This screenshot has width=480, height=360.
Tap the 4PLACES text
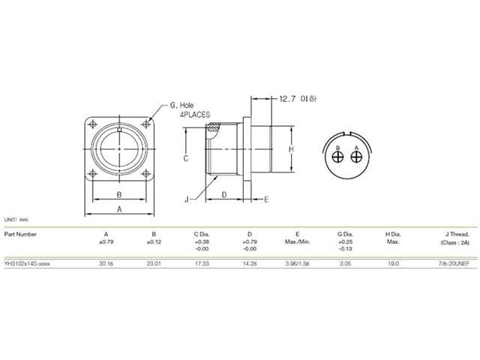point(194,116)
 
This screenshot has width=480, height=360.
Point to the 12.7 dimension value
point(289,99)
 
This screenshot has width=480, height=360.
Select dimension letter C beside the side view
point(184,158)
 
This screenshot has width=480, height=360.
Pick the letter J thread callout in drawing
point(185,199)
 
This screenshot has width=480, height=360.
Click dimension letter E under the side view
point(265,199)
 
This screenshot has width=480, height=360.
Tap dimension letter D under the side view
point(225,195)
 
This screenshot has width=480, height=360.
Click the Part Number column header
point(20,234)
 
